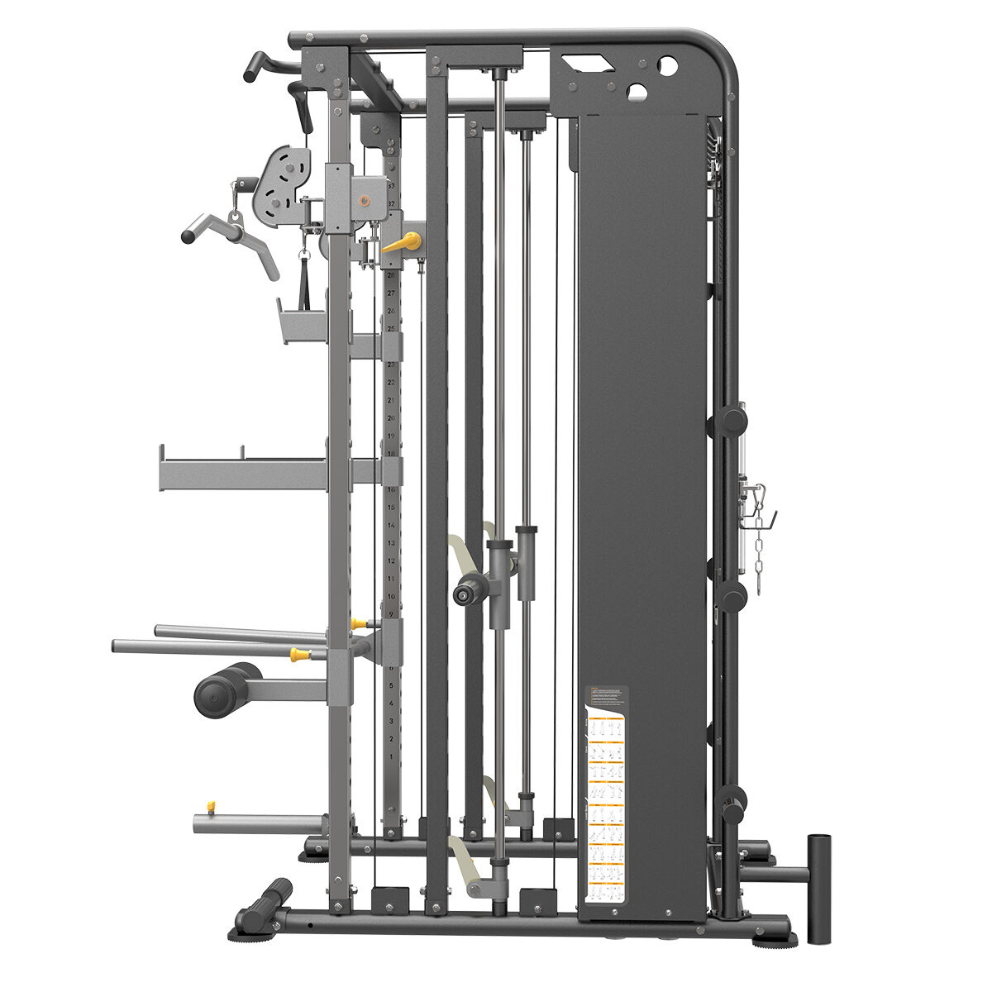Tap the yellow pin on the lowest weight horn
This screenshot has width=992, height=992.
point(211,806)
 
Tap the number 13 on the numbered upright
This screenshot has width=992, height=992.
point(391,542)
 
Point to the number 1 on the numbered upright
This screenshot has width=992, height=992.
point(391,756)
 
